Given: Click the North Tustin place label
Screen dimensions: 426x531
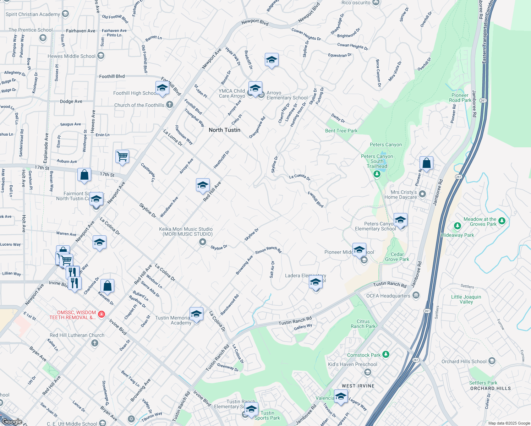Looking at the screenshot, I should coord(224,130).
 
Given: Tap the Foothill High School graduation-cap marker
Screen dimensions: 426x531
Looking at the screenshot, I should coord(162,88).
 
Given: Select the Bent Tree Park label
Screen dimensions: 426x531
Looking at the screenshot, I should coord(341,131).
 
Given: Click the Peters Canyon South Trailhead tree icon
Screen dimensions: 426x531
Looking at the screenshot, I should coord(377,174).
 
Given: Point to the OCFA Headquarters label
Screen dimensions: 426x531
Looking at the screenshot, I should coord(388,296).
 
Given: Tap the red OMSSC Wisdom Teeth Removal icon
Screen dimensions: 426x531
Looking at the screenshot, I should coord(102,314).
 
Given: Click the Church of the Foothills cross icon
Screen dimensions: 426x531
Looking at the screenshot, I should coord(170,104).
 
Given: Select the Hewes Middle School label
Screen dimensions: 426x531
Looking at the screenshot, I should coord(71,56).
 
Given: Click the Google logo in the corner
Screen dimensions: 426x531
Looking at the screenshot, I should coord(12,422).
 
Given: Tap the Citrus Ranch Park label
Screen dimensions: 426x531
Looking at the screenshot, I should coord(363,324).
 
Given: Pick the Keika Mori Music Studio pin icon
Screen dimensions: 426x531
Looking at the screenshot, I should coord(203,242).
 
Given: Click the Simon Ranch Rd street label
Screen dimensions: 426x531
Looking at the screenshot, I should coord(268,250).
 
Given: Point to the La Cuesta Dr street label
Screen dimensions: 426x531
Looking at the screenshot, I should coord(300,177).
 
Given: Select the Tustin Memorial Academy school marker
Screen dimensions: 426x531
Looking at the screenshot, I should coord(196,315).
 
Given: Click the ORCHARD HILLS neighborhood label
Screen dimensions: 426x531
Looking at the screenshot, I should coord(490,388).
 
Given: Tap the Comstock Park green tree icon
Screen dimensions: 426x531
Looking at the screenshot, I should coord(386,354).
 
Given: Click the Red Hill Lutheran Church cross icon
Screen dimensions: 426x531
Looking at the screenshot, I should coord(94,343).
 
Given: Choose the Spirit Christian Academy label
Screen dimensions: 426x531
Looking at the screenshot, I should coord(33,14).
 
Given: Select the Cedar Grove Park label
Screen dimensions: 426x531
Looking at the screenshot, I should coord(397,257).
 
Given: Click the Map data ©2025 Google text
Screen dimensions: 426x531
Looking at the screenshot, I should coord(509,423).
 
